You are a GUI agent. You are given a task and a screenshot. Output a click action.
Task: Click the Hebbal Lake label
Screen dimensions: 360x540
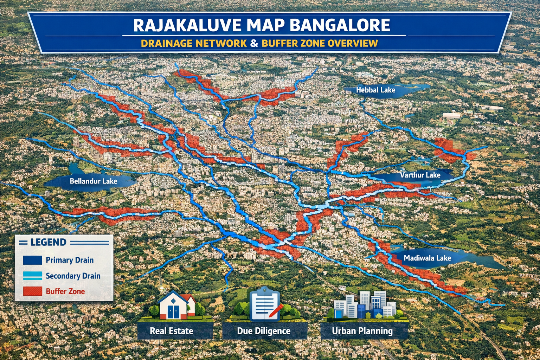375,90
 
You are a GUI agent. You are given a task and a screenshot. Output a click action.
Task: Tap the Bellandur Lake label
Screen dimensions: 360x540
93,181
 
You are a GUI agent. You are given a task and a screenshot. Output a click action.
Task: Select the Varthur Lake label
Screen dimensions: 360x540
420,175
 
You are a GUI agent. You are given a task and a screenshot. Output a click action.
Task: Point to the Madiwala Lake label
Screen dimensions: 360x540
427,258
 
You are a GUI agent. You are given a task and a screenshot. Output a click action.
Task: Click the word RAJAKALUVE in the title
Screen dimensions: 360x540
187,25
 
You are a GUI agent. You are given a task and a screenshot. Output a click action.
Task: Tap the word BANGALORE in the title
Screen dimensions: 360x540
340,25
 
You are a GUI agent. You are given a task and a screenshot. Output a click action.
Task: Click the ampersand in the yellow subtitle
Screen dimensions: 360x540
255,43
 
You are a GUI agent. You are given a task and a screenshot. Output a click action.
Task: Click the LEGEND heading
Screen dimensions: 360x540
48,242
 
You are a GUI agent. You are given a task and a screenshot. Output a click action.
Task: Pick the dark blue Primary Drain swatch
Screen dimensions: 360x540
32,260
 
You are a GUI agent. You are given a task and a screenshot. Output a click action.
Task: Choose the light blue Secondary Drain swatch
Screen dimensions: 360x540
32,276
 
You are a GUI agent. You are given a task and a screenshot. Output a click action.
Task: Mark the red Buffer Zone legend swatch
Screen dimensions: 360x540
32,291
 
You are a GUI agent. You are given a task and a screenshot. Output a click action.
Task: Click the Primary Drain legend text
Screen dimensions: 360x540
70,260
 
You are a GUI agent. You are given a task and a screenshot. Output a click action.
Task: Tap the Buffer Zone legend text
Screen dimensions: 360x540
65,291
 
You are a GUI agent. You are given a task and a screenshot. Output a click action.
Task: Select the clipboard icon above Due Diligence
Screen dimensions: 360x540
265,304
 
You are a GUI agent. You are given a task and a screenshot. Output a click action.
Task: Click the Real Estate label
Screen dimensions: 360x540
172,331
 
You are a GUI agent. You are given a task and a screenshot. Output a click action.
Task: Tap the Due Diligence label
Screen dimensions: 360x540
264,331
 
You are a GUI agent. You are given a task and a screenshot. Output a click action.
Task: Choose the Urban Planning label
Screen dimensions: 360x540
362,331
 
